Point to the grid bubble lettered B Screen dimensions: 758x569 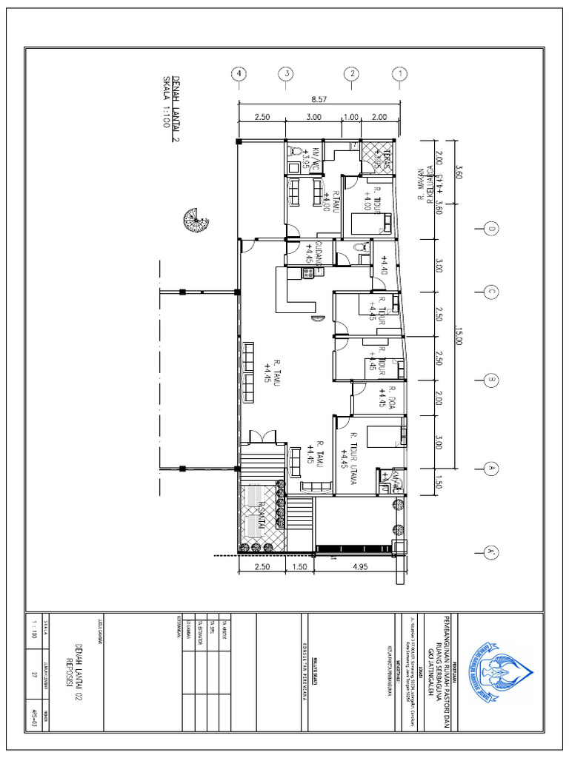click(x=490, y=380)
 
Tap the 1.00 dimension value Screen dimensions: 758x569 click(x=350, y=117)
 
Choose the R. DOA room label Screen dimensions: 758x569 click(x=387, y=398)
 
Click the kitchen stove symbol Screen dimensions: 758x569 click(x=308, y=274)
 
